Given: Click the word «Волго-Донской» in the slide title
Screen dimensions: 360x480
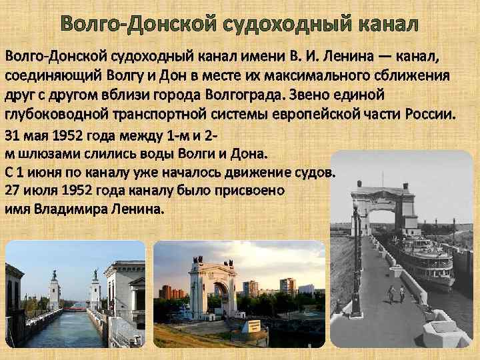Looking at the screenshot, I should (x=121, y=25).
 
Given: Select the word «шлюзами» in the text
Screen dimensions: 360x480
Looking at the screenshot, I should (x=43, y=154).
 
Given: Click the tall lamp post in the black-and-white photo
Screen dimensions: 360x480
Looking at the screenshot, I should (x=357, y=260).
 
